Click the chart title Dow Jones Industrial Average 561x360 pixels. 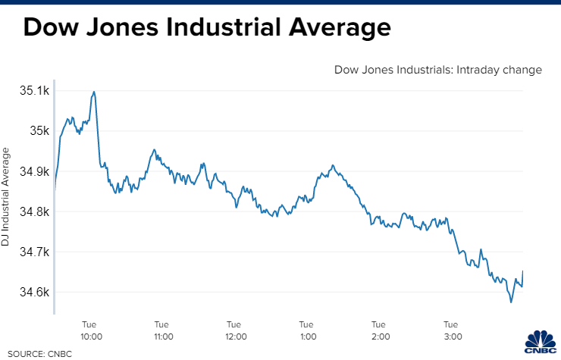tap(207, 29)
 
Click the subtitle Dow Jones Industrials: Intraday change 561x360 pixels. tap(438, 70)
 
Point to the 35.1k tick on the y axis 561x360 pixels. tap(34, 91)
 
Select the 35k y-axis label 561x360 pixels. tap(39, 131)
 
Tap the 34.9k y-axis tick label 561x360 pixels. tap(34, 171)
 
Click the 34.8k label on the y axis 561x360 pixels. tap(34, 211)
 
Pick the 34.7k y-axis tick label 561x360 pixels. tap(34, 252)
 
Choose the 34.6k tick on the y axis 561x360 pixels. tap(34, 292)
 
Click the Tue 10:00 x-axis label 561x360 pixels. tap(91, 330)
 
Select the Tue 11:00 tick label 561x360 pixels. tap(163, 330)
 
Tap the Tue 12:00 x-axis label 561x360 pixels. tap(235, 330)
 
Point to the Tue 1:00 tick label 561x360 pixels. tap(307, 330)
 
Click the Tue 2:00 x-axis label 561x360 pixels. tap(380, 330)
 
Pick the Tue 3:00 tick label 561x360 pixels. tap(452, 330)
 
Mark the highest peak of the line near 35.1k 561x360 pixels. tap(94, 92)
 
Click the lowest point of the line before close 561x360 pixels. tap(511, 302)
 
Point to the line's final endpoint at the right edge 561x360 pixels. tap(523, 271)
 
